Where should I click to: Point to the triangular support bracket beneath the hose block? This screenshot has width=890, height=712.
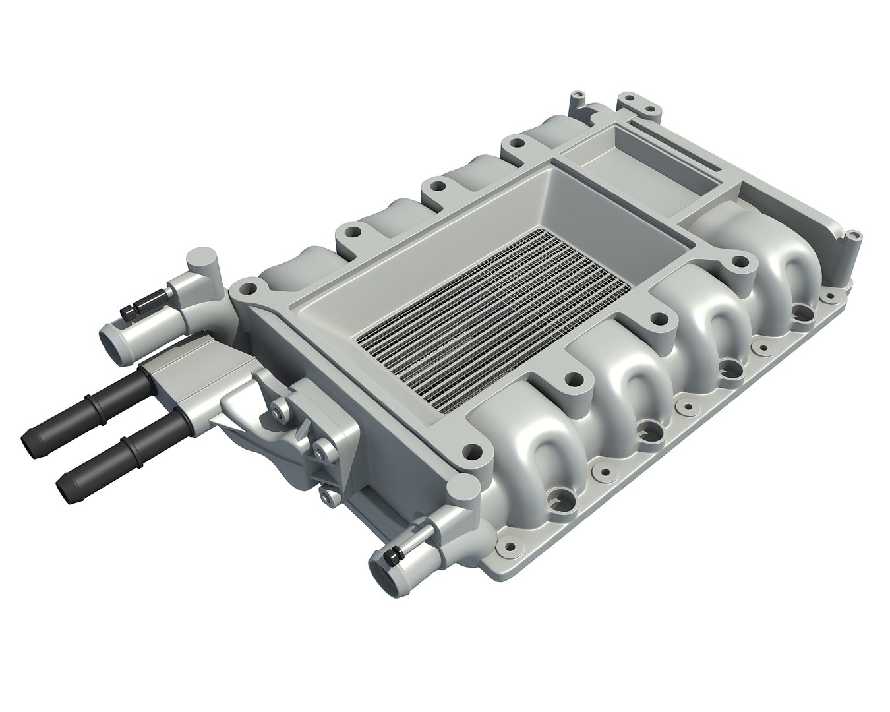244,422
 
